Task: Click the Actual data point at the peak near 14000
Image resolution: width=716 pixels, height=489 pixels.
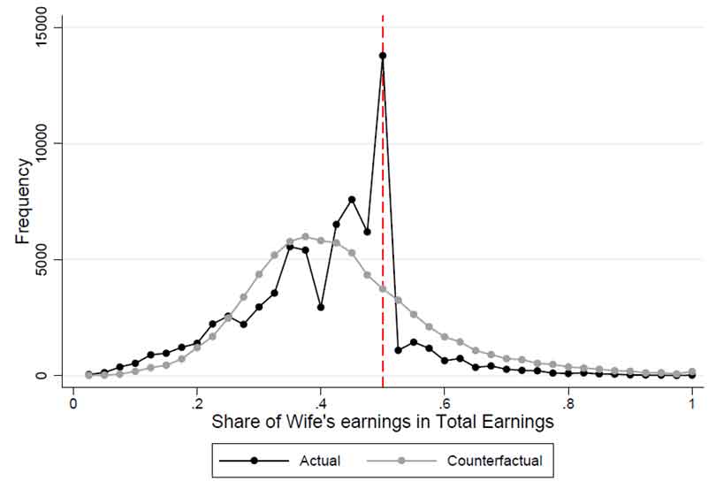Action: pos(383,56)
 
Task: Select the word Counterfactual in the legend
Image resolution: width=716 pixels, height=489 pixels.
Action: pos(493,461)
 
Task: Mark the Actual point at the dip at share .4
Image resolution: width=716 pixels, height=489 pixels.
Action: pos(321,308)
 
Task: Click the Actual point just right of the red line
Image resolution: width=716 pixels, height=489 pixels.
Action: pos(398,350)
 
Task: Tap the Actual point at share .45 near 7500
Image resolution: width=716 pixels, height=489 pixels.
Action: pos(352,200)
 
